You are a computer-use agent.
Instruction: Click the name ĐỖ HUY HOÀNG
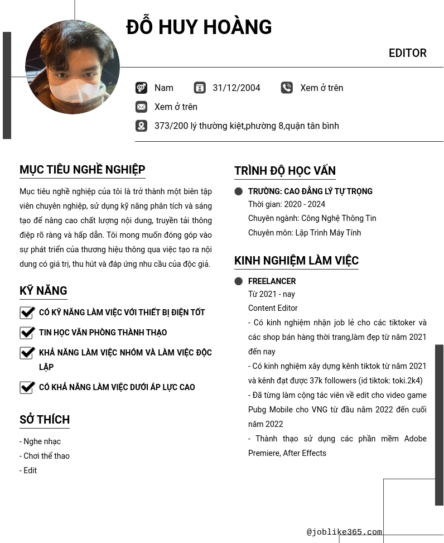click(199, 27)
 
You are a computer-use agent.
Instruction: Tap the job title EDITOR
click(407, 53)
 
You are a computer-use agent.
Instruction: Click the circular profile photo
click(73, 67)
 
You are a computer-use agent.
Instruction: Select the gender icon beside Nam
click(141, 88)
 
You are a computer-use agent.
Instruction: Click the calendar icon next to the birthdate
click(200, 88)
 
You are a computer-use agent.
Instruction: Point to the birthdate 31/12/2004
click(237, 88)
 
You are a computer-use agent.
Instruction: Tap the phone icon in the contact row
click(287, 88)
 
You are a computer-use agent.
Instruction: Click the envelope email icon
click(141, 107)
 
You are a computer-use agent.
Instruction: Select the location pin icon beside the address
click(141, 126)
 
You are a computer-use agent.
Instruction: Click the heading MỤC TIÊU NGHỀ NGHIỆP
click(82, 170)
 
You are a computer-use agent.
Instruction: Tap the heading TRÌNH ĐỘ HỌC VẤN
click(284, 171)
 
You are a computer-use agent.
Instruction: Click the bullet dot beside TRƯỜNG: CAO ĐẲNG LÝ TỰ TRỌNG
click(239, 191)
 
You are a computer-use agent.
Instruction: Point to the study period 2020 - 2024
click(287, 204)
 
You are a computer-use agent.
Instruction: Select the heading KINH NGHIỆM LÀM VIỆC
click(296, 261)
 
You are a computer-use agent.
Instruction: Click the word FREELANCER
click(272, 281)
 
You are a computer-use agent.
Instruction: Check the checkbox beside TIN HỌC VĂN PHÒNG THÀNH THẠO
click(27, 333)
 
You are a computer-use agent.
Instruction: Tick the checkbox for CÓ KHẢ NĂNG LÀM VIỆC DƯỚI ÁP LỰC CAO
click(27, 387)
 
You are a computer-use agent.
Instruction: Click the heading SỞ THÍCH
click(45, 420)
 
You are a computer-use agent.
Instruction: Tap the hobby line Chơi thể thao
click(46, 456)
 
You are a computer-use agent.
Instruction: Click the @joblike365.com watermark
click(344, 532)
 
